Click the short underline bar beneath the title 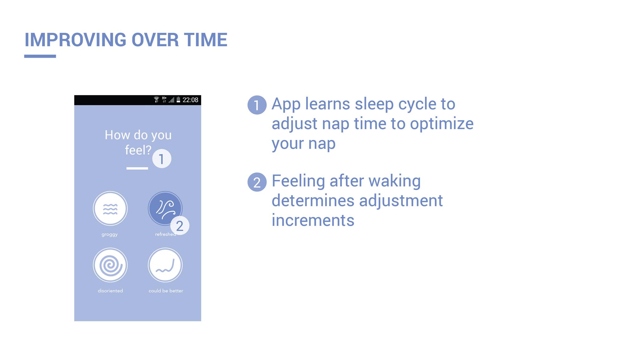[40, 56]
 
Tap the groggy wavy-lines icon [110, 208]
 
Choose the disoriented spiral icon [110, 265]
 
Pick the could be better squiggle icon [165, 265]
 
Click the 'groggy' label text [110, 234]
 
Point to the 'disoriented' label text [110, 291]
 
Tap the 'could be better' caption [166, 291]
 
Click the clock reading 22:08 [190, 100]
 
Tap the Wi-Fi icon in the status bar [157, 100]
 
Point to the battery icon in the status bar [178, 100]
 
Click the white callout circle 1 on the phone [162, 159]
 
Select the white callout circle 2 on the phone [180, 226]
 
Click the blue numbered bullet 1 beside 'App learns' [257, 105]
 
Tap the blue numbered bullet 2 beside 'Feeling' [257, 182]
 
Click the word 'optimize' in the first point [442, 124]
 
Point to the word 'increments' [313, 220]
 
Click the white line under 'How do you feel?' [137, 168]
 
